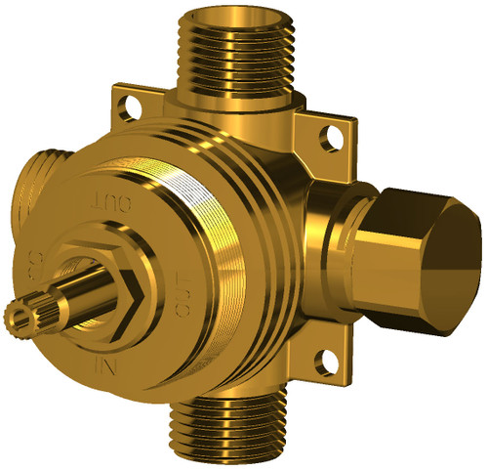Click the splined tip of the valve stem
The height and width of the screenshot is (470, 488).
(21, 314)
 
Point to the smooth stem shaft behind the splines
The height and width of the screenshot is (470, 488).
(73, 294)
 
